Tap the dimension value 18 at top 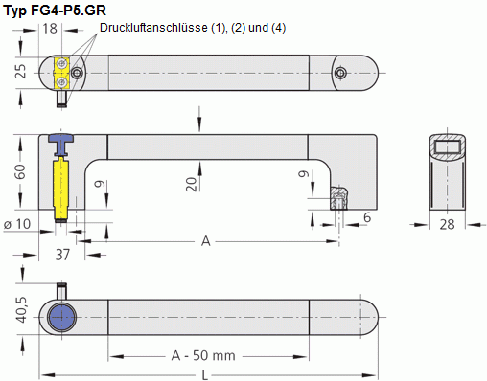coord(49,29)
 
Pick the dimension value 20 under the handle coord(192,184)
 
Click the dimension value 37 coord(63,255)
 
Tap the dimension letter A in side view coord(205,241)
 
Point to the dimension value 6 coord(366,218)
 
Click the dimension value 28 coord(446,225)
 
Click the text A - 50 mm coord(203,355)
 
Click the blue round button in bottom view coord(62,316)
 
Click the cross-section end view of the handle coord(447,172)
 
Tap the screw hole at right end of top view coord(340,72)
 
